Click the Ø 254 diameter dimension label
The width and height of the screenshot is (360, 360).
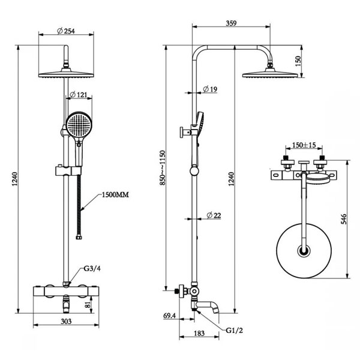point(66,31)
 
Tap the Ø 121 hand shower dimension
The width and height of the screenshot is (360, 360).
point(78,94)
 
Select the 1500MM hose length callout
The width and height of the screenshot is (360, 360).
point(115,195)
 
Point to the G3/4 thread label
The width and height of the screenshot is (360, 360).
point(92,268)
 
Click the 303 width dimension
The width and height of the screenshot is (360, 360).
point(66,321)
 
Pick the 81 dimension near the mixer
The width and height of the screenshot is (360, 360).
point(88,305)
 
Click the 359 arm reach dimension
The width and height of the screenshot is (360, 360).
point(231,23)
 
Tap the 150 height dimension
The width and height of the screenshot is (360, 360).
point(298,61)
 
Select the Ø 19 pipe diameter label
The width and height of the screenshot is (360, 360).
point(210,89)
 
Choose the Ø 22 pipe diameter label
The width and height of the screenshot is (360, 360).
point(214,215)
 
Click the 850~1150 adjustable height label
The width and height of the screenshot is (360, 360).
point(163,167)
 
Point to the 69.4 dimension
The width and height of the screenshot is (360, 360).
point(169,316)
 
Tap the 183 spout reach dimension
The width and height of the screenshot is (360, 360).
point(199,333)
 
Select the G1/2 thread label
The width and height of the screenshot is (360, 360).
point(234,331)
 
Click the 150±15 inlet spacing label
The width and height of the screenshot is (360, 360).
point(304,145)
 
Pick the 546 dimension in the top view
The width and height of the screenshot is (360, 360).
point(344,219)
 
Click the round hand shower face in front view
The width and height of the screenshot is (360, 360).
point(79,125)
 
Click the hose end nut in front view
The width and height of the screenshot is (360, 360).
point(79,237)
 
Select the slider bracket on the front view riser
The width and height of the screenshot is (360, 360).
point(68,170)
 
